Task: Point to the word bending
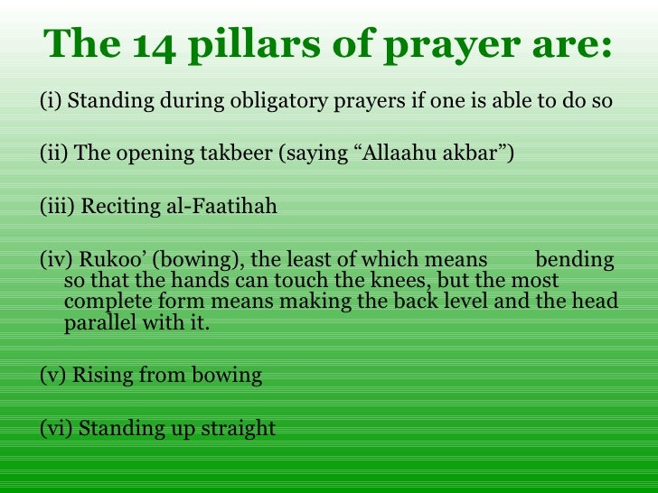[x=575, y=261]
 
